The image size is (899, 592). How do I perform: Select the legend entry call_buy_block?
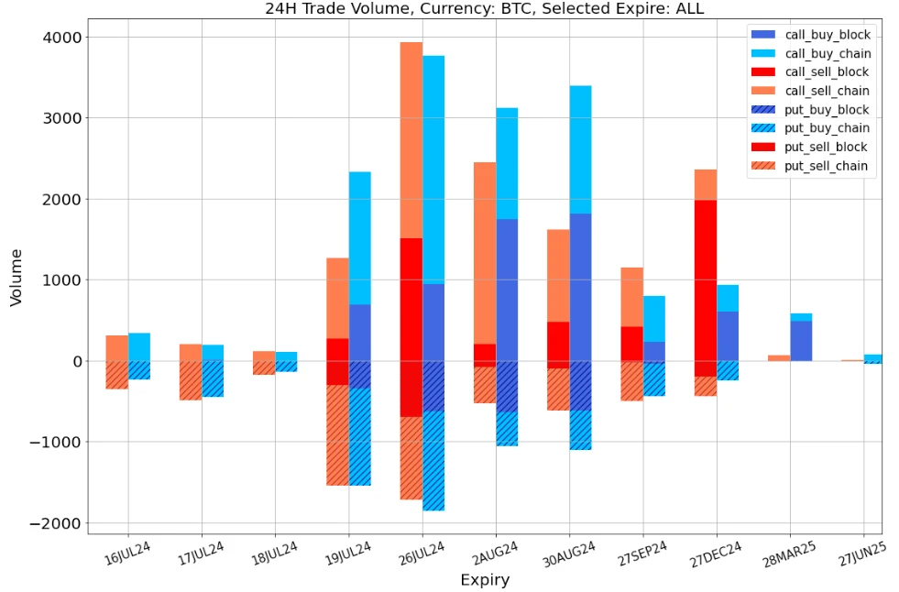(828, 35)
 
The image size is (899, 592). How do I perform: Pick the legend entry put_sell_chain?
(828, 167)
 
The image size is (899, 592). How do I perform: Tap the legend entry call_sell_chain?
(828, 91)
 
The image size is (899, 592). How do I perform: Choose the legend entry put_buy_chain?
(828, 128)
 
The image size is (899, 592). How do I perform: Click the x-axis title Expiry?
(484, 580)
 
